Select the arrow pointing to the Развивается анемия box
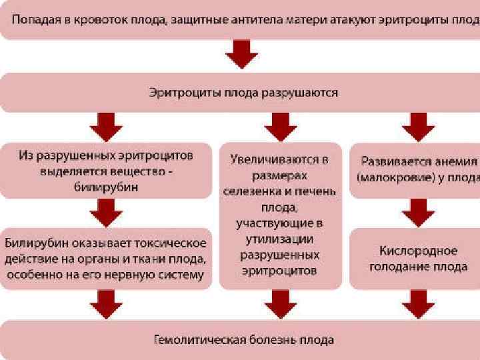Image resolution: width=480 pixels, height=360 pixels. (418, 126)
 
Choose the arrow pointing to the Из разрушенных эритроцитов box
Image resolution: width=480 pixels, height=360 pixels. (107, 126)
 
